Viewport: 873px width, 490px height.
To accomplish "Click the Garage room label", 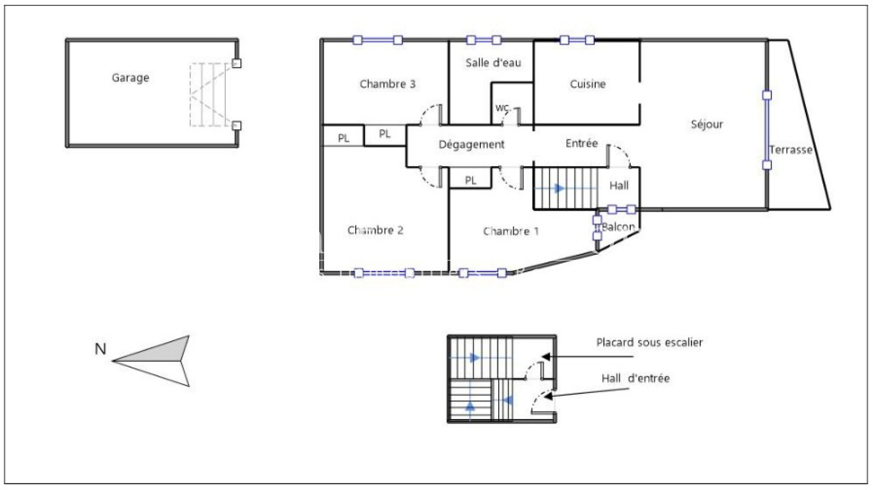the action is click(130, 78).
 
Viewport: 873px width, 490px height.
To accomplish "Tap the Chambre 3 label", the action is click(387, 84).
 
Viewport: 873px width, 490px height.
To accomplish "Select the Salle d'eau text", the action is click(493, 62).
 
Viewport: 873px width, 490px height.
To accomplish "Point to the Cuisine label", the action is click(588, 84).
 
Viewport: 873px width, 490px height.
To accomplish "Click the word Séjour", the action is click(707, 124).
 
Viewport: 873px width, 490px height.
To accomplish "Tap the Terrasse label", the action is click(791, 150).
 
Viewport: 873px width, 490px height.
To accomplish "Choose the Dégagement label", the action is click(471, 145).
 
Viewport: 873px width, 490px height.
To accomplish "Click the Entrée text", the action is click(582, 143).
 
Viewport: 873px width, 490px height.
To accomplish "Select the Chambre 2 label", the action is click(375, 230).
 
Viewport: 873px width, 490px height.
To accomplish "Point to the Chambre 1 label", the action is click(511, 231).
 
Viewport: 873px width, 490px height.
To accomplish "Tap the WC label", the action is click(502, 107).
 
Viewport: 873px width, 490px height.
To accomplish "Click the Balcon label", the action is click(618, 226).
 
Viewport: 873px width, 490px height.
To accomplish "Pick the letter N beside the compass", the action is click(100, 349).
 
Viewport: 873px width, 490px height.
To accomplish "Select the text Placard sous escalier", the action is click(649, 342).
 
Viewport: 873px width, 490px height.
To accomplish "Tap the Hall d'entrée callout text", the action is click(635, 378).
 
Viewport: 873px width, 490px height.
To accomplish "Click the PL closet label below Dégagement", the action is click(470, 181).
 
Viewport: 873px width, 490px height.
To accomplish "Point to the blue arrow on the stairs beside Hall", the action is click(559, 189).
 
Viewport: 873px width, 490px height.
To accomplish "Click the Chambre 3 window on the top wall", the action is click(378, 40).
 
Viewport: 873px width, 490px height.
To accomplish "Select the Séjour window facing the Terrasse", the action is click(767, 130).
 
